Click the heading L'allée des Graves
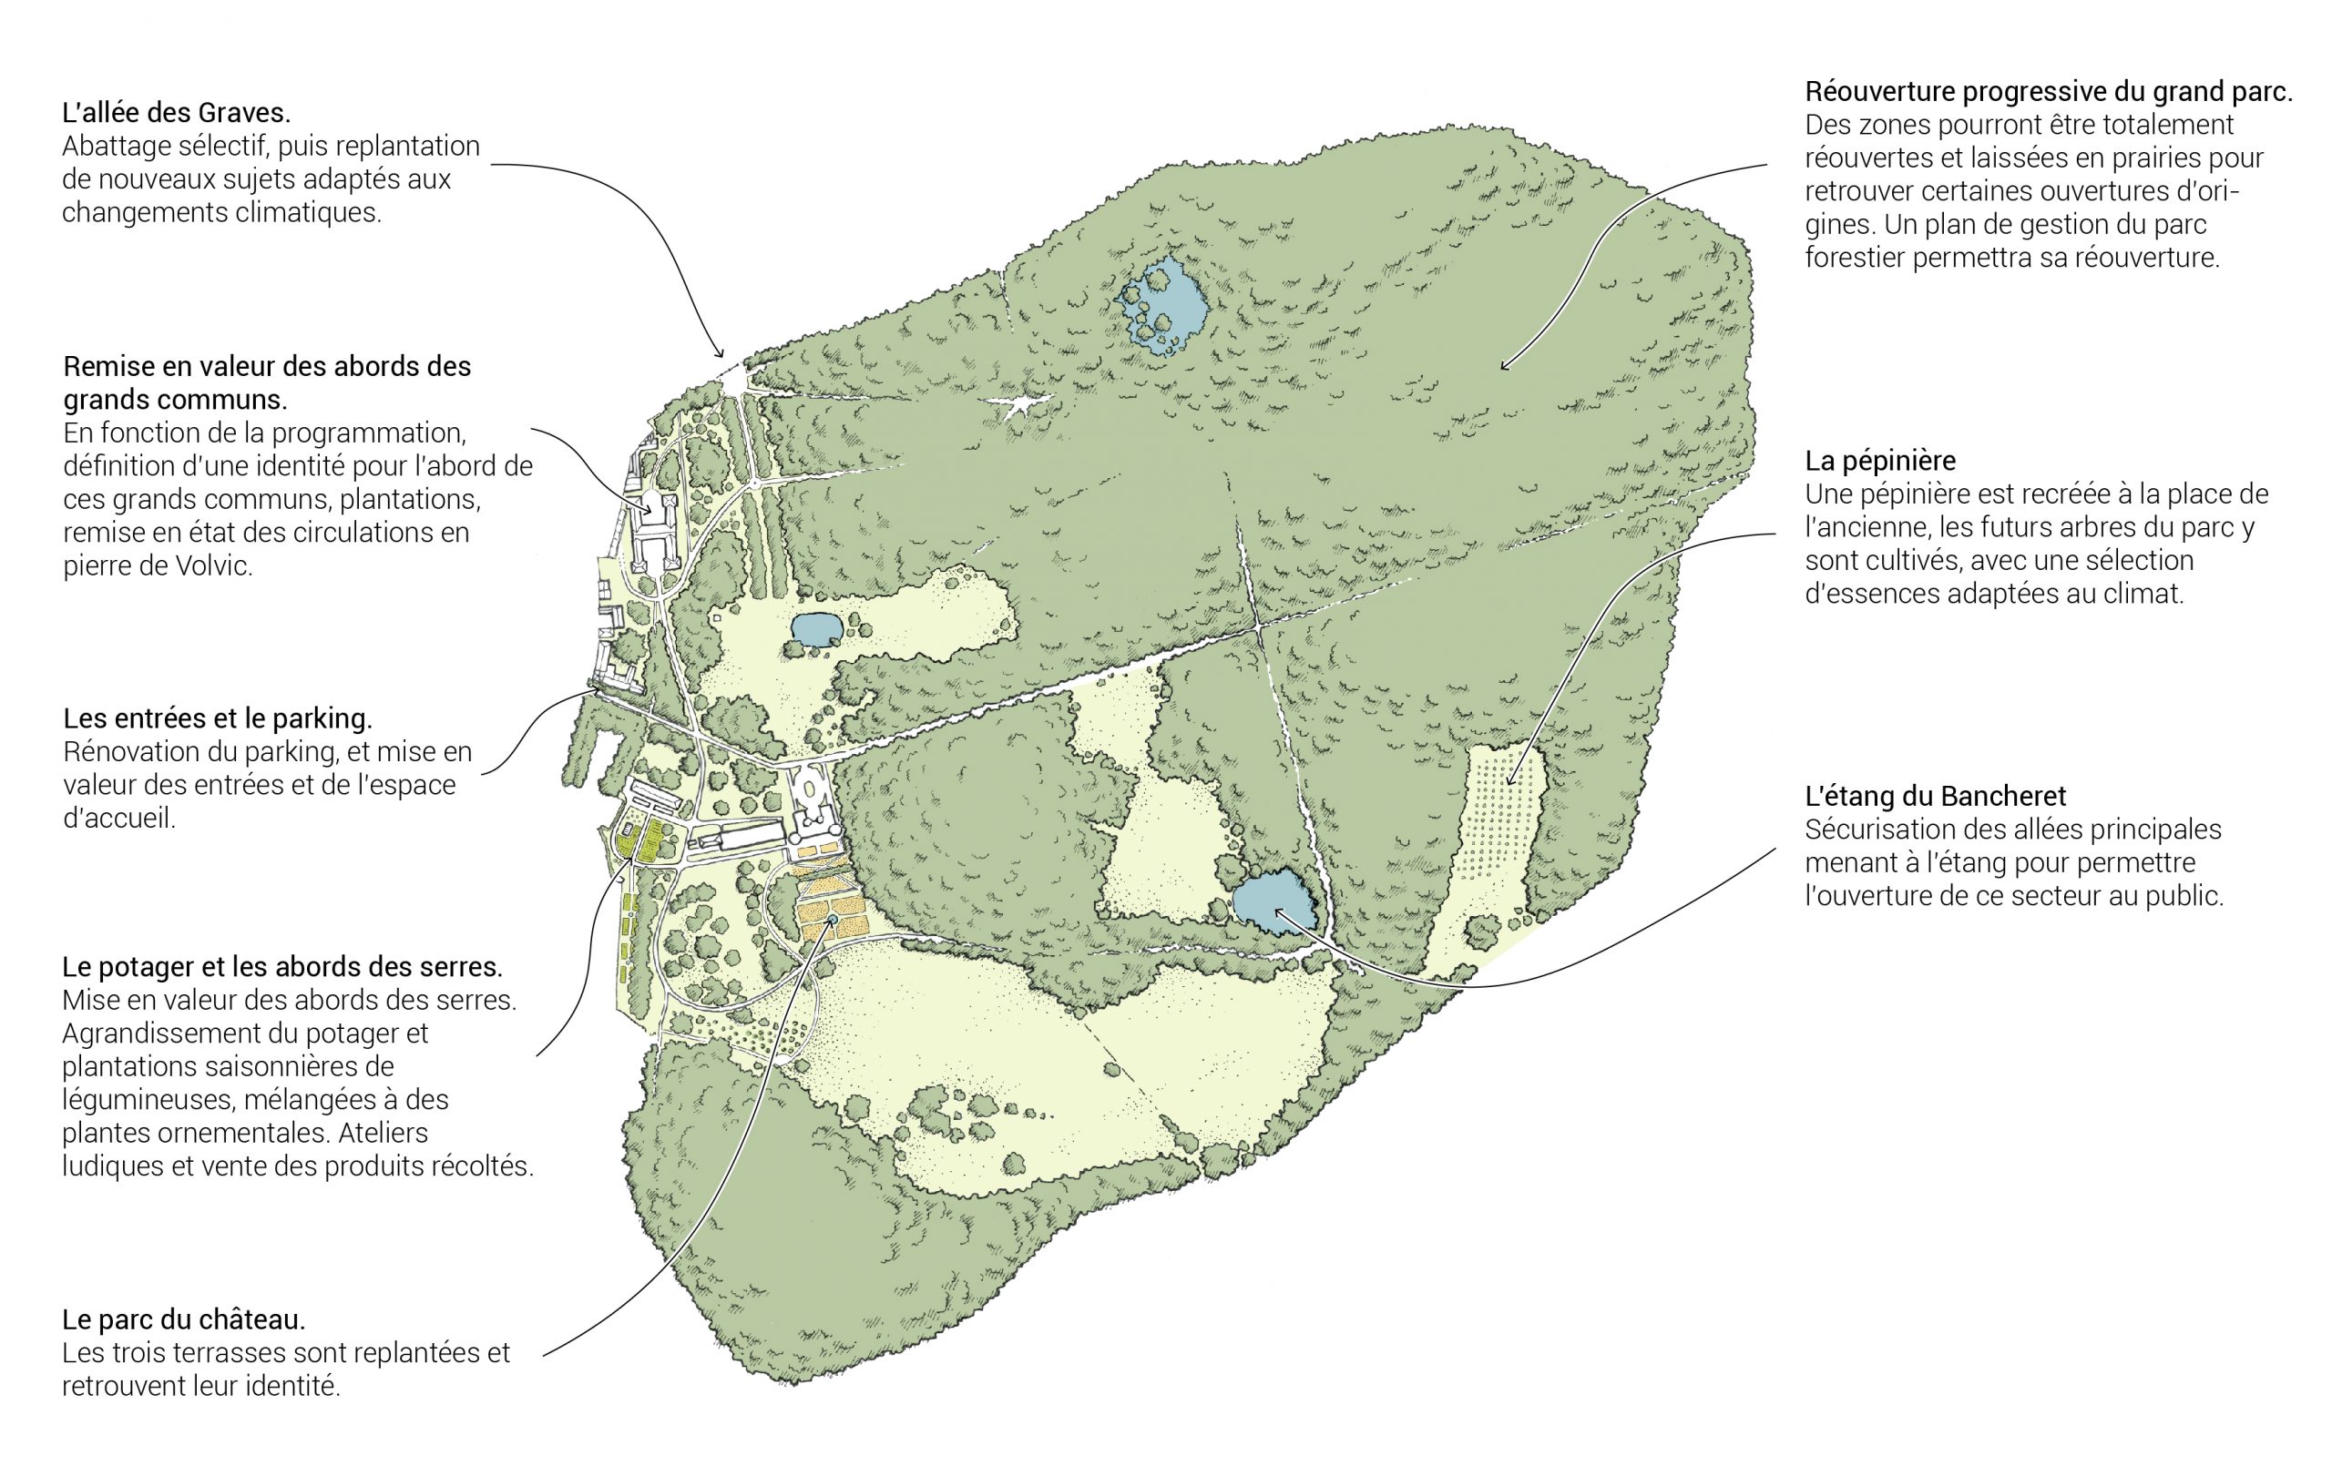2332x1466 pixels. (175, 113)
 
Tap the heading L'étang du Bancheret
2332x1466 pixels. (1935, 796)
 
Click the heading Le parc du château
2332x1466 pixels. (183, 1318)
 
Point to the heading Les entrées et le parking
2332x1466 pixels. (217, 718)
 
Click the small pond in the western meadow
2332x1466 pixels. (815, 630)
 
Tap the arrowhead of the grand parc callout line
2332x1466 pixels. (1504, 367)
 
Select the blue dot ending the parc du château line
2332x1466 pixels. (832, 917)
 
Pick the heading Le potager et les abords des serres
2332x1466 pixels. (281, 966)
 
